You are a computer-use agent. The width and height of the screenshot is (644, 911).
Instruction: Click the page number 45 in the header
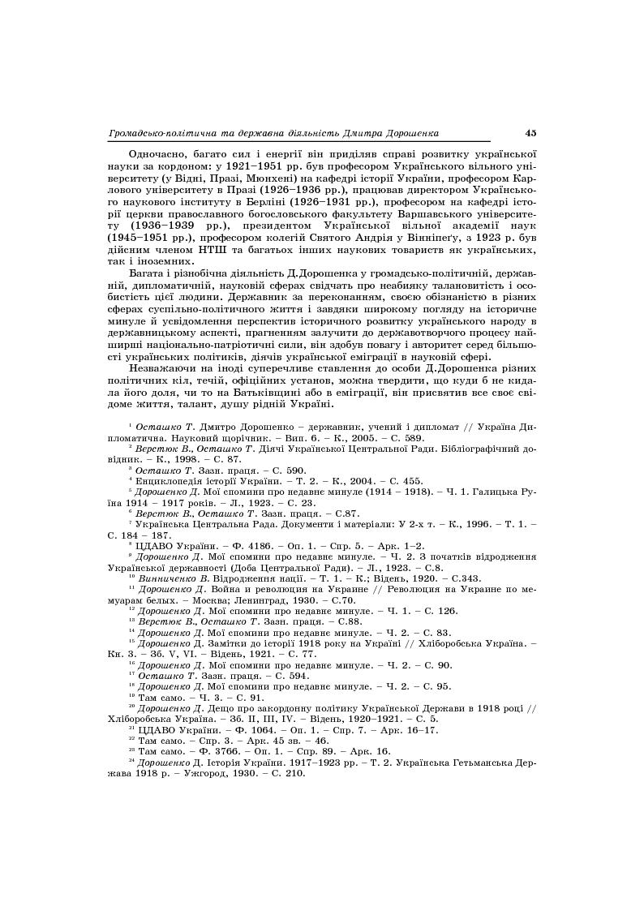(530, 133)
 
